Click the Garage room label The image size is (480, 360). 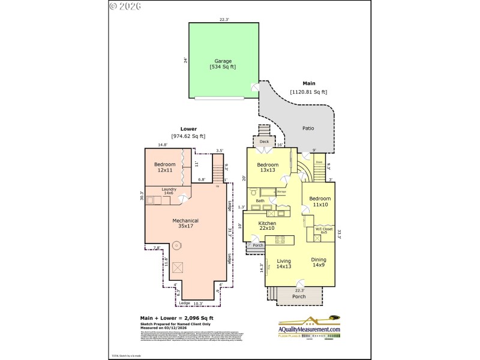coord(223,61)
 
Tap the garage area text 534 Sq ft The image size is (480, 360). coord(223,67)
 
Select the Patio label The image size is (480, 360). coord(308,128)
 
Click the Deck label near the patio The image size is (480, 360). coord(264,142)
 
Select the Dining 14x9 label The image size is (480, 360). coord(318,262)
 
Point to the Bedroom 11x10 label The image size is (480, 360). coord(320,202)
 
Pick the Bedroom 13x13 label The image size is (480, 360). coord(268,167)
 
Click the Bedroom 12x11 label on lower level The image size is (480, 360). coord(164,167)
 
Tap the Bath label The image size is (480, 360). coord(260,201)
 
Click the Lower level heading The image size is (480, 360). coord(188,128)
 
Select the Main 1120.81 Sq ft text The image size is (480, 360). coord(308,88)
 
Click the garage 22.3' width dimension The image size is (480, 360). coord(224,19)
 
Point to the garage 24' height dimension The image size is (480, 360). coord(185,60)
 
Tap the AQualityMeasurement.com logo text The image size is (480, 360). coord(309,329)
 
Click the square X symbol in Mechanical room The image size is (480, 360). coord(177,268)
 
